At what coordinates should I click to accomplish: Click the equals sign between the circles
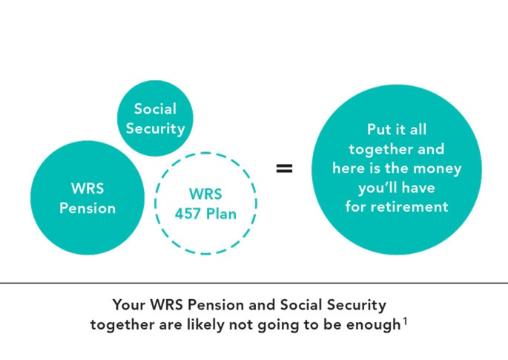point(284,168)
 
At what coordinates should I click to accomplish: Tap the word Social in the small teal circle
point(155,109)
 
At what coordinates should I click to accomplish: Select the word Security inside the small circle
point(155,128)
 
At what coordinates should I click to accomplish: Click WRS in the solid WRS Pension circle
point(88,189)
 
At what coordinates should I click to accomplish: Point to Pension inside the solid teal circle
point(88,209)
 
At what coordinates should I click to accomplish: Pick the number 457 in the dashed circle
point(188,214)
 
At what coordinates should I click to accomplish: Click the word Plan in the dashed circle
point(221,214)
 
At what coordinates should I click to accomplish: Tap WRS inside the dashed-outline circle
point(205,194)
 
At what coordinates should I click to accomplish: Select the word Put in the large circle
point(377,130)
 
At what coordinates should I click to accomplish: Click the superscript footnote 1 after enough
point(405,322)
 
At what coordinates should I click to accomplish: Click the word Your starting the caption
point(128,305)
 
